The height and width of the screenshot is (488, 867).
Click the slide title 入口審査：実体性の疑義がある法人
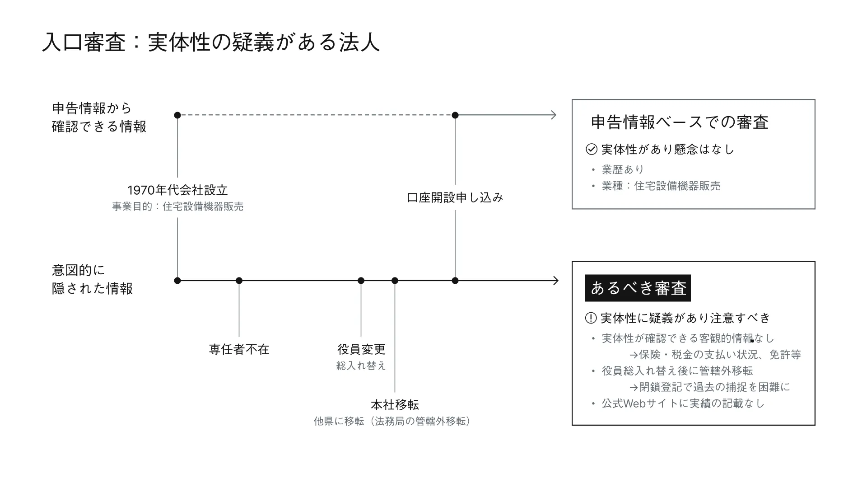[x=210, y=43]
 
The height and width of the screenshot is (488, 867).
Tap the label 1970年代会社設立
[x=177, y=190]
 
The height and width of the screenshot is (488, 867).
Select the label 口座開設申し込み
[x=455, y=197]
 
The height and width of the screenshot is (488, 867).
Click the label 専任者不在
[x=239, y=349]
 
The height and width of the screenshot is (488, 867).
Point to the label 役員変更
[x=361, y=349]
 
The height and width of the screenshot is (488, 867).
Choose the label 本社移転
[x=395, y=405]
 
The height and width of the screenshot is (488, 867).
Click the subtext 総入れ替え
[x=361, y=366]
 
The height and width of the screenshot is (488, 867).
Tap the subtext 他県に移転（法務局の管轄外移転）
[x=392, y=422]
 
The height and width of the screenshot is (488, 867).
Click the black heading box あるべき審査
[x=638, y=288]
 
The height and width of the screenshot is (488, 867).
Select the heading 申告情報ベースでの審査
[x=680, y=122]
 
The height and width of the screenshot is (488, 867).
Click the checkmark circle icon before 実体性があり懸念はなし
[x=591, y=149]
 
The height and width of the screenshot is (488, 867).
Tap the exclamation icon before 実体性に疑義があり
[x=591, y=318]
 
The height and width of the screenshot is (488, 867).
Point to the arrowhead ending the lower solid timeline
[x=555, y=281]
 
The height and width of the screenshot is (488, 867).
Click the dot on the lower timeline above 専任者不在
[x=239, y=281]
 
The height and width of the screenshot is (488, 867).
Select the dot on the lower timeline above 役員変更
[x=361, y=281]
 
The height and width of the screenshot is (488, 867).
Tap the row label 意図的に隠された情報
[x=92, y=279]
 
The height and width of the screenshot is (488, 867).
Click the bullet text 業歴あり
[x=623, y=169]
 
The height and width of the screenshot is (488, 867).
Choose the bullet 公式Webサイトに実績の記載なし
[x=683, y=404]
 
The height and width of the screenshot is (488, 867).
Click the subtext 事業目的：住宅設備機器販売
[x=177, y=206]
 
